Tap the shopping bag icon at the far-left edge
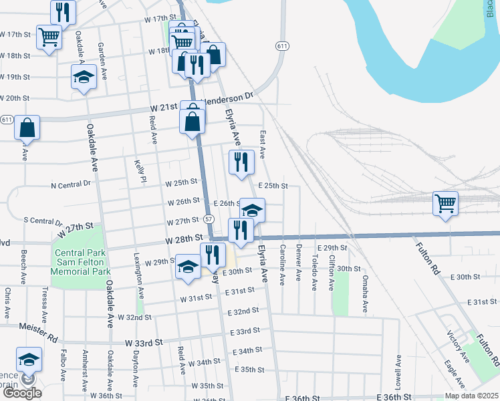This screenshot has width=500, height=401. (27, 127)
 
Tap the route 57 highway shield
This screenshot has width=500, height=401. (209, 219)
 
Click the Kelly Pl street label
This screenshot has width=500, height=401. (140, 170)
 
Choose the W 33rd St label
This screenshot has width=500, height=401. (144, 343)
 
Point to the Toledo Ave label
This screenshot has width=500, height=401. (314, 275)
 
